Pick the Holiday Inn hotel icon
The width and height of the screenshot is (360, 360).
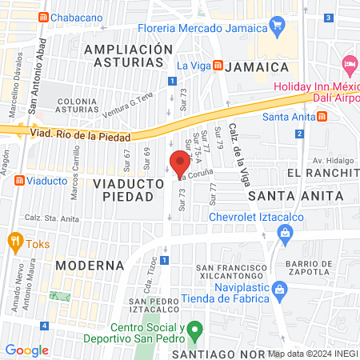[x=350, y=62]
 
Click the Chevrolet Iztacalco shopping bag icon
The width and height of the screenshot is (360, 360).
[x=284, y=232]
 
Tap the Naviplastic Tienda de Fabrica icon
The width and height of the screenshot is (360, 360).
[x=278, y=287]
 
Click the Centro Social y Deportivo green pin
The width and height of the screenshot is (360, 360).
[x=193, y=329]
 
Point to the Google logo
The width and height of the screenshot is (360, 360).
[x=26, y=350]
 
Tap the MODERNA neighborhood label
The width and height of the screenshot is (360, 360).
[x=89, y=264]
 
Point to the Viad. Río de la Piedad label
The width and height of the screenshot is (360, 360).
[x=80, y=134]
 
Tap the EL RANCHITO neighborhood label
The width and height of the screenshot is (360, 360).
[x=323, y=174]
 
